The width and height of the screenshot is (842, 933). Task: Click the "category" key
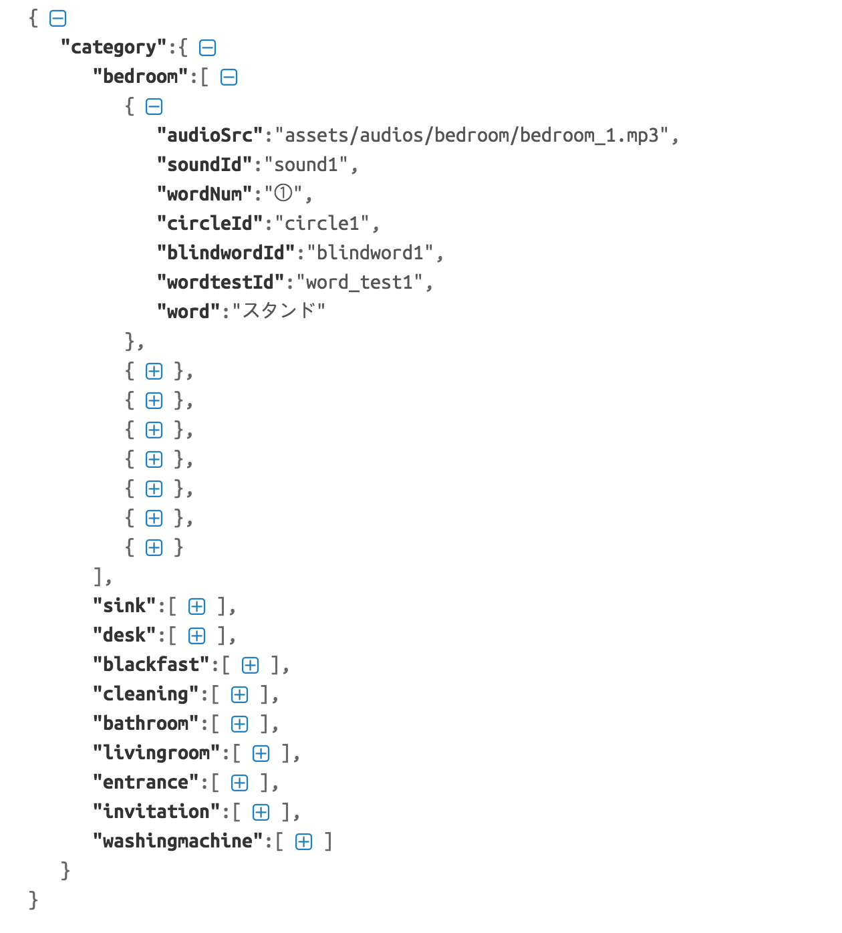coord(113,47)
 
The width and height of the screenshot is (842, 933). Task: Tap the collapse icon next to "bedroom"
coord(229,78)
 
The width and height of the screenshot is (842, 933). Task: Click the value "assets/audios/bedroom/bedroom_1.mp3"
coord(472,136)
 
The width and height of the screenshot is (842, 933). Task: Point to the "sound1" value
coord(306,165)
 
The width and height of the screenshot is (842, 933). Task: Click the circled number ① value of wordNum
coord(283,194)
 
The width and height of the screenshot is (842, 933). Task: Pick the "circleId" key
coord(210,224)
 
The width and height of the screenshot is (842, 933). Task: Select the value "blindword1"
coord(370,253)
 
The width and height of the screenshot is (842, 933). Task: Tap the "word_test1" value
coord(360,283)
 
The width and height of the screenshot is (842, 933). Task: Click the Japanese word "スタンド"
coord(278,311)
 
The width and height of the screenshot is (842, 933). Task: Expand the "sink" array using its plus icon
coord(196,607)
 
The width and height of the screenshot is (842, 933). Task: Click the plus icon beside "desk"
coord(196,636)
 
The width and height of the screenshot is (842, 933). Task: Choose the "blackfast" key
coord(151,665)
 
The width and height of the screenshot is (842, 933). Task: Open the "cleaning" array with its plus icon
coord(239,695)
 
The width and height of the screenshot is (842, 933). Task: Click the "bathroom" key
coord(146,724)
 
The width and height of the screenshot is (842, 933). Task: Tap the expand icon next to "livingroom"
coord(261,754)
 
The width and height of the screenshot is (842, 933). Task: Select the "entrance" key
coord(146,783)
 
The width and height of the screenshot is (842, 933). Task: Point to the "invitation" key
coord(156,812)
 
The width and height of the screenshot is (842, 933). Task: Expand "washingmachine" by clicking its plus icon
coord(303,842)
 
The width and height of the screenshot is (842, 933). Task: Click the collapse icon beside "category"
coord(207,48)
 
